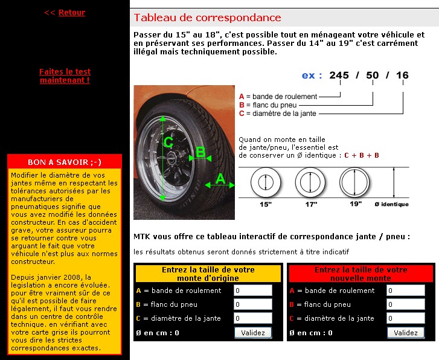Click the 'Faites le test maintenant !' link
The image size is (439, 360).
65,76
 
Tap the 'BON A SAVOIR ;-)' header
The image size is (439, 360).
65,162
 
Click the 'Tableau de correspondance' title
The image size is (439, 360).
207,18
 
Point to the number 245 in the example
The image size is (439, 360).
339,76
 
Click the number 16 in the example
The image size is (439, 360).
402,76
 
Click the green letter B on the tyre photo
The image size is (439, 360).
200,153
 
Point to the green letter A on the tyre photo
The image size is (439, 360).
221,179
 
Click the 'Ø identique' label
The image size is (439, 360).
391,204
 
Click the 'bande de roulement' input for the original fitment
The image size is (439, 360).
252,291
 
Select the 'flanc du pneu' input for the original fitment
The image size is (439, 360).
252,304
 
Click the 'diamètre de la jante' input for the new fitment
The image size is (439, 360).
405,318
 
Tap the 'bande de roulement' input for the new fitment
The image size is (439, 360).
405,291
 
